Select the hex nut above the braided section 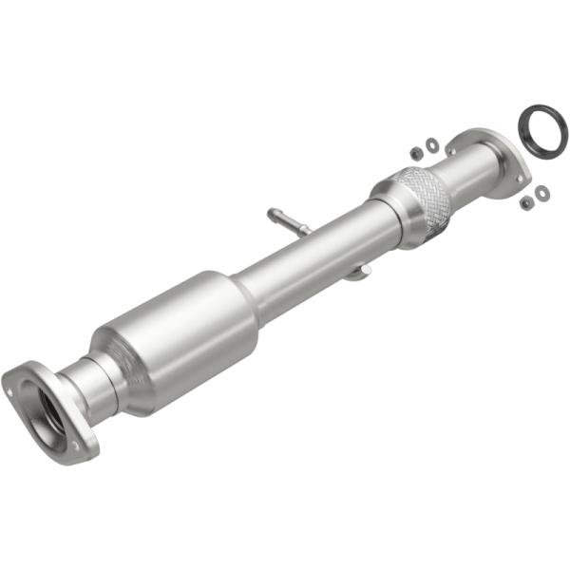coord(415,152)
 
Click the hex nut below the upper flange coord(525,202)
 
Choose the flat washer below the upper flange coord(541,193)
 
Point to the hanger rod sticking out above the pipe coord(290,220)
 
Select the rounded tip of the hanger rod coord(273,213)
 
